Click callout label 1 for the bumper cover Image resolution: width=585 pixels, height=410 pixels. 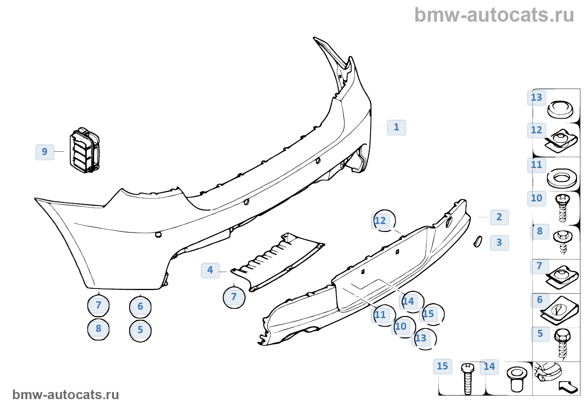tap(396, 127)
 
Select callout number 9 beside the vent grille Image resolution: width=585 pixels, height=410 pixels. tap(45, 152)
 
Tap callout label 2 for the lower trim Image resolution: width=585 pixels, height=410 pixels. tap(499, 217)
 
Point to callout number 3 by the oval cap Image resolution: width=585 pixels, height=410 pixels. tap(499, 242)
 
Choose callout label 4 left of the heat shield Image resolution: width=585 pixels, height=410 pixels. tap(210, 270)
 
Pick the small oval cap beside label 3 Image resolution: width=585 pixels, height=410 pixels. tap(478, 242)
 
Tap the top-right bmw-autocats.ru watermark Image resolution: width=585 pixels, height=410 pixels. tap(494, 15)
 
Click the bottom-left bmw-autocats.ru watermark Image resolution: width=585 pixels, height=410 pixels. tap(66, 395)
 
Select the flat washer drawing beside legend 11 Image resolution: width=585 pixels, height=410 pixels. tap(562, 178)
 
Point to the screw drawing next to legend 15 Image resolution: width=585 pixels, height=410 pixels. tap(468, 379)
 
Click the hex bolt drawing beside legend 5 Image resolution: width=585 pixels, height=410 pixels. tap(562, 343)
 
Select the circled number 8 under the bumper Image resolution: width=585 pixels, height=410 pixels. tap(99, 329)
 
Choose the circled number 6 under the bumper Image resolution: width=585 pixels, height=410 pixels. tap(140, 307)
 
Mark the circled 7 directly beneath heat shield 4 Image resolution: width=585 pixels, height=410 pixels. tap(234, 297)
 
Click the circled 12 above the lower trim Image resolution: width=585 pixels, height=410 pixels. tap(382, 221)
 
